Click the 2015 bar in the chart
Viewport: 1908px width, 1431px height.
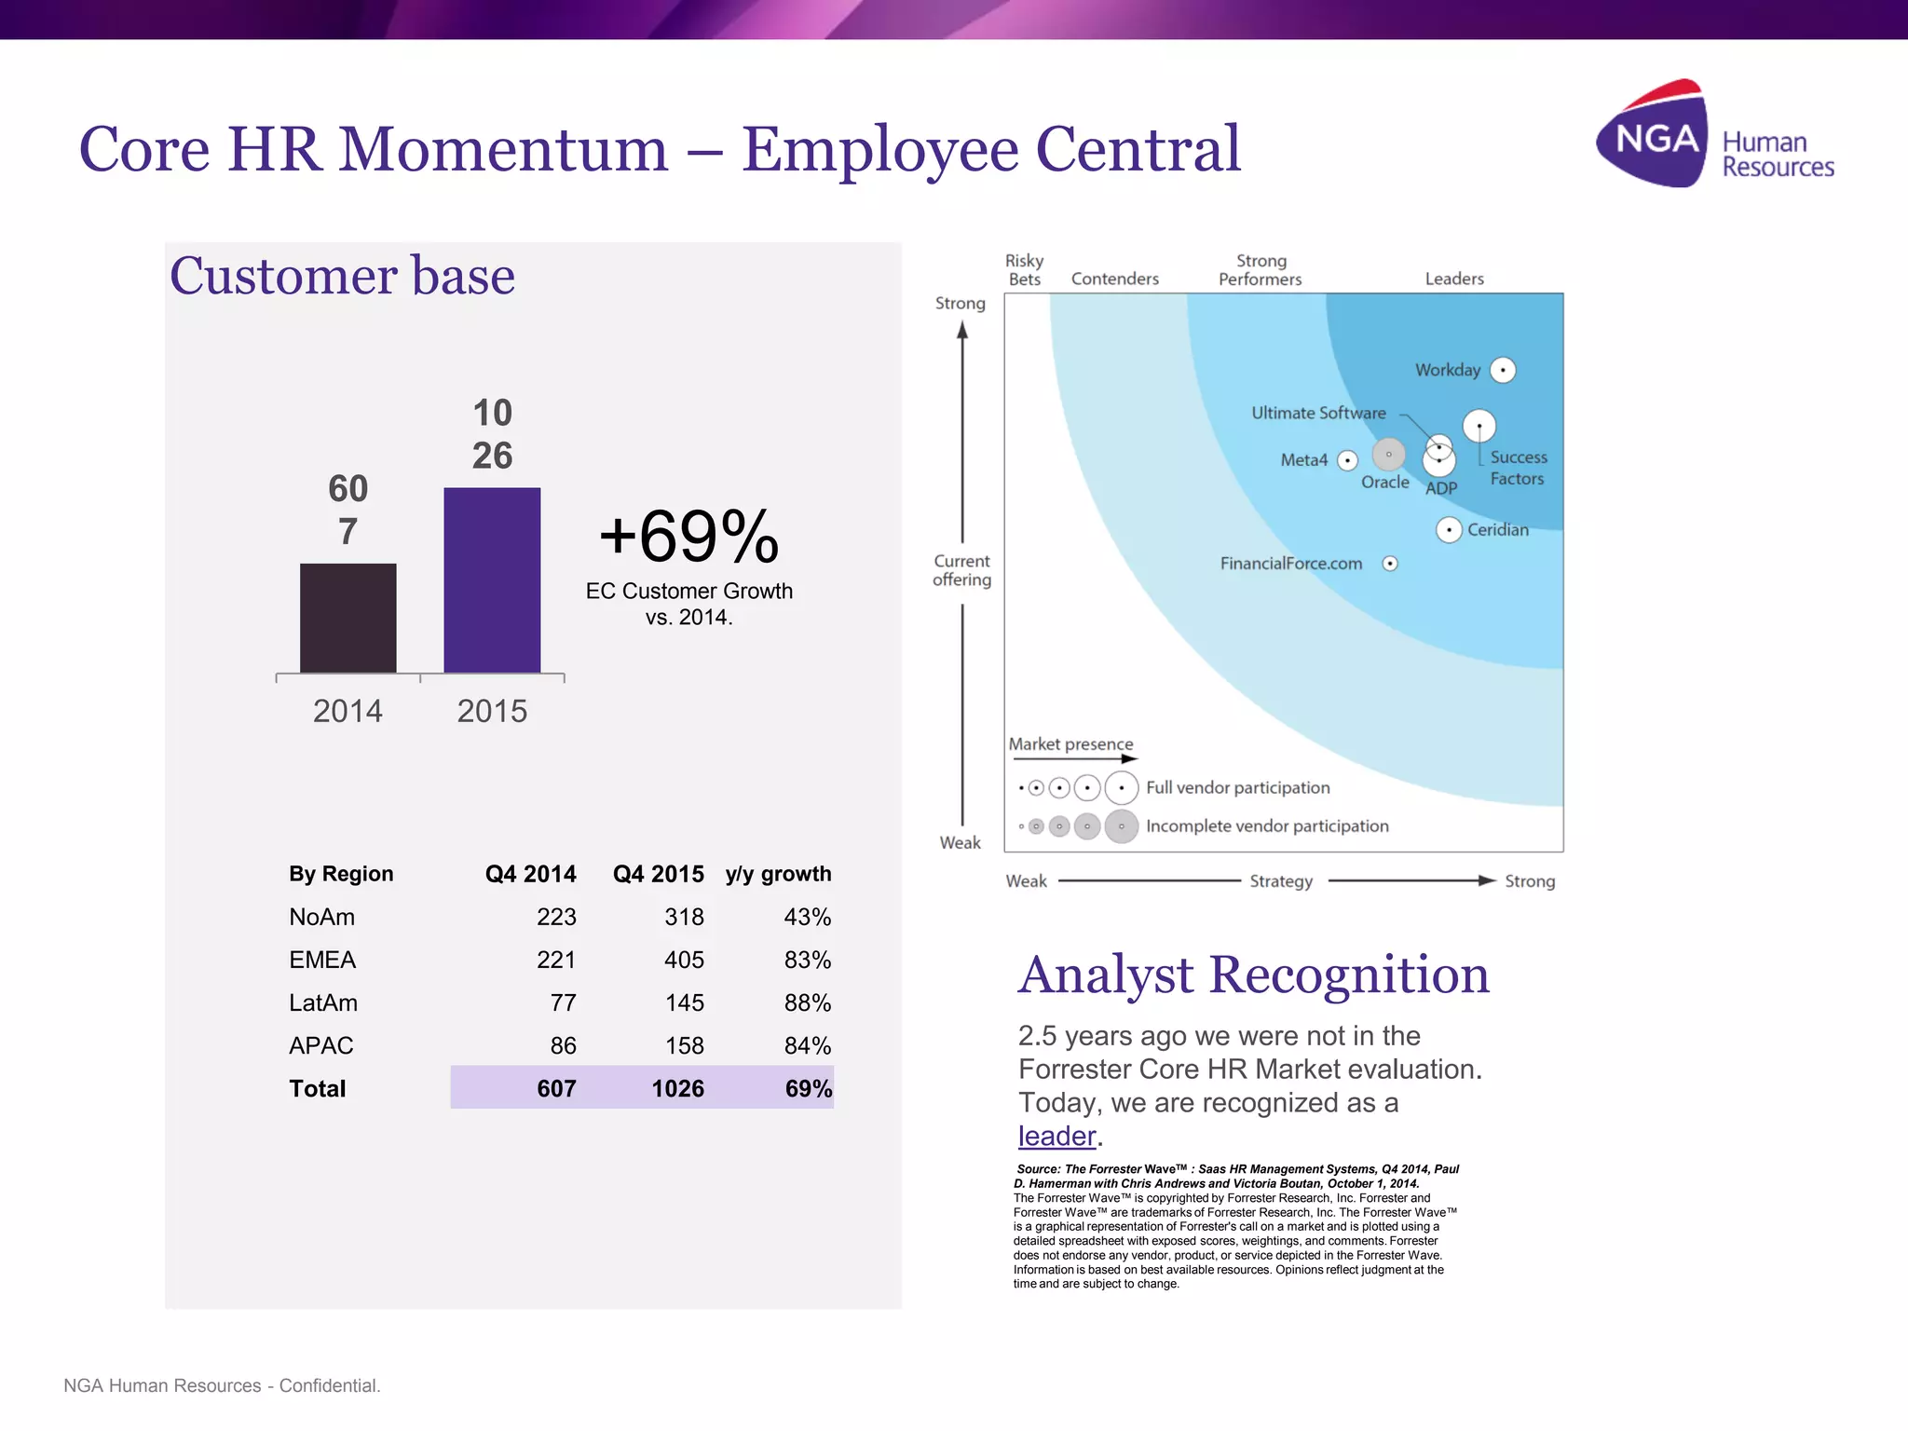click(492, 579)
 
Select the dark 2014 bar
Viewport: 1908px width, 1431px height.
click(348, 618)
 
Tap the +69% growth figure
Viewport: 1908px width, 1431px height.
click(688, 537)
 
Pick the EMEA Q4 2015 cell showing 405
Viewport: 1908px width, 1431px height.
click(684, 960)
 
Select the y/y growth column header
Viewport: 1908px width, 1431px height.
click(778, 874)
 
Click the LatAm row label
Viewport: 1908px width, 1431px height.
click(323, 1002)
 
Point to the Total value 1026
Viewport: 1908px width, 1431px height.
click(677, 1088)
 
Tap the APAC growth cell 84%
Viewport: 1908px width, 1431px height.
click(807, 1045)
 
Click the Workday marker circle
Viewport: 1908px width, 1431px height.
click(1503, 370)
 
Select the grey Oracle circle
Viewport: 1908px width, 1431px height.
click(1388, 455)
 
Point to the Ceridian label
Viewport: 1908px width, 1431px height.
click(1497, 530)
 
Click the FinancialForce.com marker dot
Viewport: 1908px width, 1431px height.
click(1390, 564)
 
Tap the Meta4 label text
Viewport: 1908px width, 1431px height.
click(1303, 460)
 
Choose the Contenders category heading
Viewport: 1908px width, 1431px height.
click(1114, 279)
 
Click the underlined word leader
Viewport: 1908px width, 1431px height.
click(1056, 1136)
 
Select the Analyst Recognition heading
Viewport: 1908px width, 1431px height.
click(1253, 974)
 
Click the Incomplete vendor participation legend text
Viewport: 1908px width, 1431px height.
click(1266, 826)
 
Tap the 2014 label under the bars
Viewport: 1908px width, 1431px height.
click(348, 711)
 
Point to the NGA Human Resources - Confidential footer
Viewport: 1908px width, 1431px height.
click(222, 1385)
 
